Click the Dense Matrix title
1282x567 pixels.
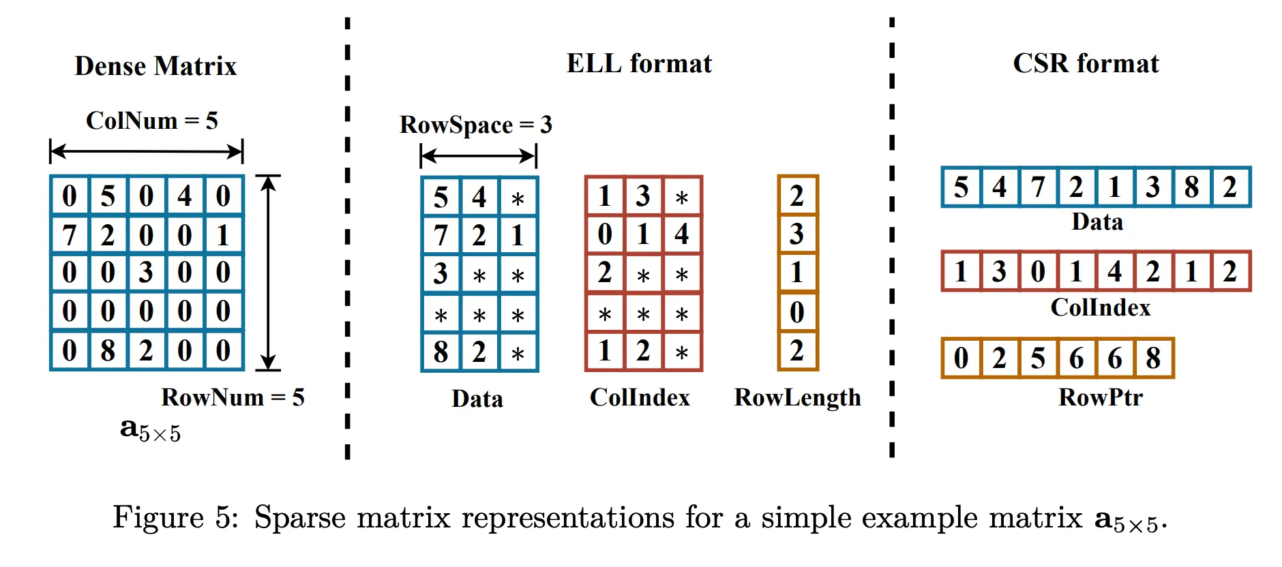[x=155, y=66]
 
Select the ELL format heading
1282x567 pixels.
[x=639, y=63]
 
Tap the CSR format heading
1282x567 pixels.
[x=1086, y=63]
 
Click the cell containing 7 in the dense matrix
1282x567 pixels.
[x=70, y=235]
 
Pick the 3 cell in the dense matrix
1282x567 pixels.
[x=146, y=273]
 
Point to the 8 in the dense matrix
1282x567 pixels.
[x=108, y=350]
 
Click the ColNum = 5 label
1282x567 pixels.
[x=151, y=121]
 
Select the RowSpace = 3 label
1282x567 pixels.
[x=475, y=125]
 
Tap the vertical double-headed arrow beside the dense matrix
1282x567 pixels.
[x=269, y=273]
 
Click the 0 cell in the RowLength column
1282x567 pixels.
[x=797, y=312]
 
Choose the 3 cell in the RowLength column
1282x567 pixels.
[x=797, y=234]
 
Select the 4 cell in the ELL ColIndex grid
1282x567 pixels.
[x=681, y=234]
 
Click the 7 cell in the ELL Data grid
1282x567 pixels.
[x=441, y=235]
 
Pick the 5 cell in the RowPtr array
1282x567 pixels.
[x=1038, y=358]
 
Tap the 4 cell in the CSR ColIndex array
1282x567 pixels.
[x=1115, y=271]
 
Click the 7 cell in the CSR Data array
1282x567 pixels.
[x=1038, y=187]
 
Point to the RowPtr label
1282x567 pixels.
[x=1100, y=397]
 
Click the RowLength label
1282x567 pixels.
[x=797, y=397]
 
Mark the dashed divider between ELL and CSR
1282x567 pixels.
[x=891, y=239]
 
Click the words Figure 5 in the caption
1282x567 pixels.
[x=175, y=517]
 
